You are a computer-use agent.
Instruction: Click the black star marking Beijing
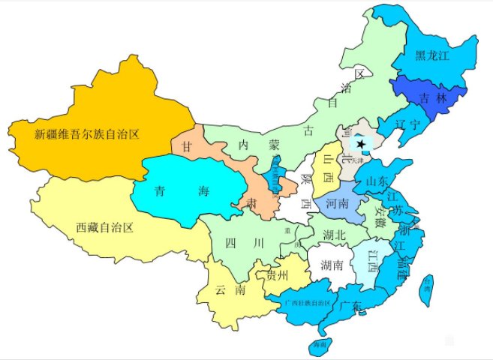pos(362,143)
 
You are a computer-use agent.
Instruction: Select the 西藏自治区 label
pos(104,226)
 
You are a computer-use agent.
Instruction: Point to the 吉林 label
pos(433,97)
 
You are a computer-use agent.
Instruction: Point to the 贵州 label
pos(276,276)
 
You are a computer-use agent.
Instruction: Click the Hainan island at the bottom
pos(320,346)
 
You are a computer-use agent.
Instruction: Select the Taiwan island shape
pos(425,289)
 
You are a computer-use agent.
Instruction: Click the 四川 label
pos(247,242)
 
